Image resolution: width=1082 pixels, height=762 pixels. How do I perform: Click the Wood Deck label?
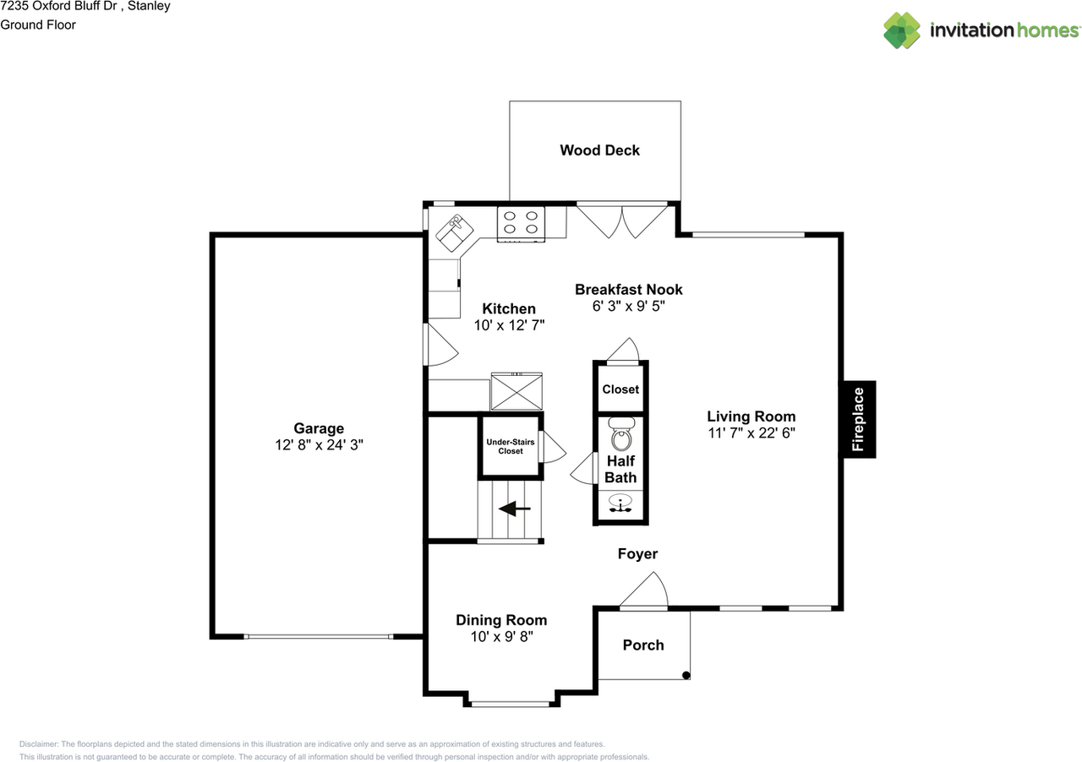(x=599, y=150)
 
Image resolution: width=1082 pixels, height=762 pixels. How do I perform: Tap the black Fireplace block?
(x=857, y=419)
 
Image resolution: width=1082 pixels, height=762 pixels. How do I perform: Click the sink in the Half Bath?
(x=621, y=505)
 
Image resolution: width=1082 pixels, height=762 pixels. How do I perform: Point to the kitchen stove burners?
(x=521, y=222)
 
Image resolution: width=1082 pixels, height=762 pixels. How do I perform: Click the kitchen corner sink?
(x=454, y=228)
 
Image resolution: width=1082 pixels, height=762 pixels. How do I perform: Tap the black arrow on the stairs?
(x=514, y=509)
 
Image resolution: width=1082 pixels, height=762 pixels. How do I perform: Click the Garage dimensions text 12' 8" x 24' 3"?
(x=319, y=444)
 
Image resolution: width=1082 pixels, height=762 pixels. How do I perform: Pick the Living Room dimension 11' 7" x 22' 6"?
(x=751, y=432)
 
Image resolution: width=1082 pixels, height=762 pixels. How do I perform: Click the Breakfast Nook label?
(x=628, y=290)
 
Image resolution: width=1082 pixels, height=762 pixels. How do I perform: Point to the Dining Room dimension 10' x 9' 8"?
(x=501, y=636)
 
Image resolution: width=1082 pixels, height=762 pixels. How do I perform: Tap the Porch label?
(x=643, y=645)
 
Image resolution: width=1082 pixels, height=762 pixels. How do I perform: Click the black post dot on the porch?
(x=686, y=675)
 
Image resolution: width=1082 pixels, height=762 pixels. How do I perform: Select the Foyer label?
(x=637, y=554)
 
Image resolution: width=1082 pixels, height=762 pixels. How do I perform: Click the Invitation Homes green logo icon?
(x=902, y=30)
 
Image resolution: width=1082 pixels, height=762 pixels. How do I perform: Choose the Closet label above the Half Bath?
(x=620, y=389)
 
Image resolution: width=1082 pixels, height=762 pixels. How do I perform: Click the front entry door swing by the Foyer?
(x=647, y=591)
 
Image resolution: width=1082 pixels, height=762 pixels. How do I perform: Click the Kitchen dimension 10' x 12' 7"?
(x=508, y=325)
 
